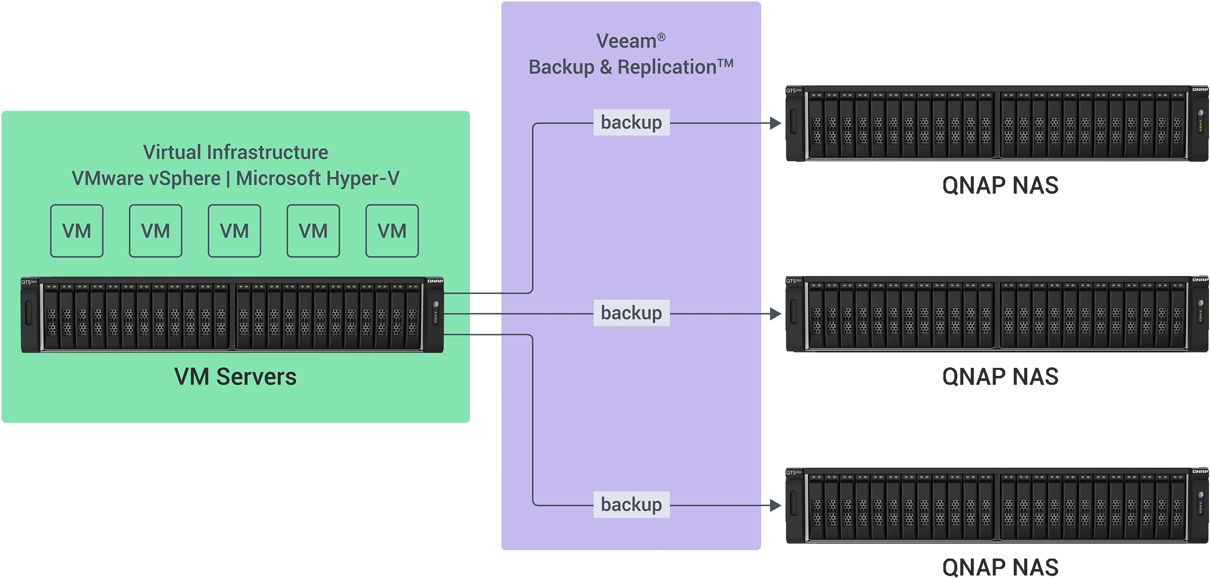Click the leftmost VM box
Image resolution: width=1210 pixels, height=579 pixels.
coord(76,231)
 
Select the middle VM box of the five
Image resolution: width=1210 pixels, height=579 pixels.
coord(234,231)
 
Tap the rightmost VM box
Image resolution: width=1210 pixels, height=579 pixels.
coord(392,231)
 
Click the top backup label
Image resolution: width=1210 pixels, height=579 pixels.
coord(631,122)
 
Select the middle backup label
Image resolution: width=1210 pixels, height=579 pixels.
coord(631,313)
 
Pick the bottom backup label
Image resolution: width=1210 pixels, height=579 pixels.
coord(631,504)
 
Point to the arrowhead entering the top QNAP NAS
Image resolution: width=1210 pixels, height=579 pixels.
coord(775,123)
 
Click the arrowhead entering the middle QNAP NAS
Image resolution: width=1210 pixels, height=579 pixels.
coord(775,313)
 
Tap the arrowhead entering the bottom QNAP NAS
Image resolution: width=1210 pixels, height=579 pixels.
coord(775,505)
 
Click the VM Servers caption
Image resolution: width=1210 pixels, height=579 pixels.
coord(235,376)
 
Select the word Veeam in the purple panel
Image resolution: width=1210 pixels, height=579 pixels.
coord(626,41)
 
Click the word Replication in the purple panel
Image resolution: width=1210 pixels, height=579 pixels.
coord(667,67)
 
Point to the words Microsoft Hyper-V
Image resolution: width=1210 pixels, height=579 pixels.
coord(318,178)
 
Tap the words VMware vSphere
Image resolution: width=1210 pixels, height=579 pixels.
coord(146,178)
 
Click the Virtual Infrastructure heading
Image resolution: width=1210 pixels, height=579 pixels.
coord(235,152)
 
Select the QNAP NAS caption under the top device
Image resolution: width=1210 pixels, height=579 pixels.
coord(1000,185)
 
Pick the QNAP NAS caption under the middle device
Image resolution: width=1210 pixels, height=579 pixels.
coord(1000,376)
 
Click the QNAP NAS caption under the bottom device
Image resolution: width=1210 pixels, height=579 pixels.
coord(1000,567)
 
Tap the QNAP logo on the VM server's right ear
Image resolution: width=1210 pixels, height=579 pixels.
coord(435,281)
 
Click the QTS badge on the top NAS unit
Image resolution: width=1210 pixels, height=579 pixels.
coord(793,90)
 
